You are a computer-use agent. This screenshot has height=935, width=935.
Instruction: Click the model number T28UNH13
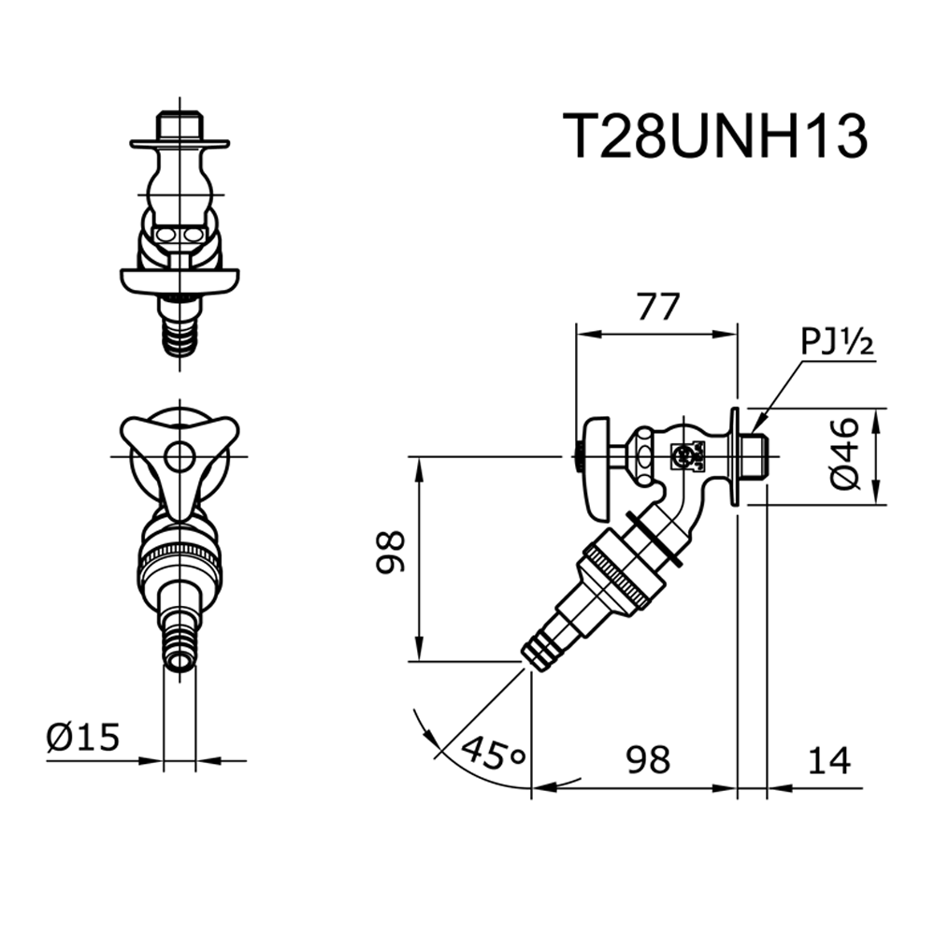(715, 138)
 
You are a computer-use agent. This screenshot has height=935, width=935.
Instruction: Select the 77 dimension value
(656, 308)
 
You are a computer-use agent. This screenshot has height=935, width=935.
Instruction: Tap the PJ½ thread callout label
(837, 343)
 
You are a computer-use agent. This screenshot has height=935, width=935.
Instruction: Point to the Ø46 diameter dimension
(843, 453)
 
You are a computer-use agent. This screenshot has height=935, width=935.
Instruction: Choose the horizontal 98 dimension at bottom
(649, 759)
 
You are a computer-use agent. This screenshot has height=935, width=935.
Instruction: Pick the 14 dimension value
(828, 759)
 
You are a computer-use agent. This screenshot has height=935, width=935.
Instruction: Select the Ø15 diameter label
(83, 738)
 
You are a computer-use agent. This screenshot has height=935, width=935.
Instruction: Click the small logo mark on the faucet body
(684, 457)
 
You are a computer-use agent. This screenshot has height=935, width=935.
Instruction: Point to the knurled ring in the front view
(180, 558)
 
